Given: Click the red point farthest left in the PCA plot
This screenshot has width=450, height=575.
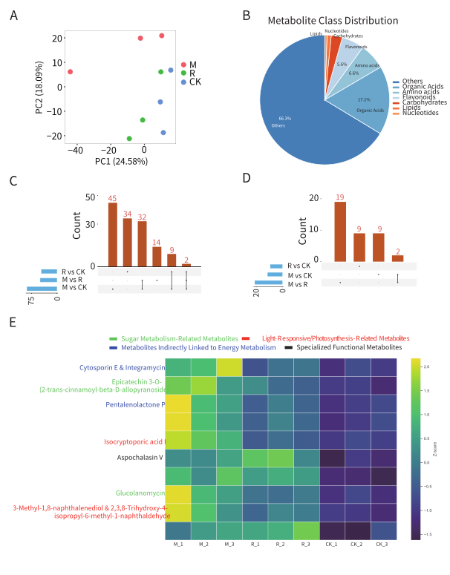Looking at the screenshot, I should [71, 72].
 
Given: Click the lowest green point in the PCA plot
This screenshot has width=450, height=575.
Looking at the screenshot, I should [129, 139].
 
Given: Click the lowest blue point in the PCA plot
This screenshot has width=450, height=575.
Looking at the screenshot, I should [163, 133].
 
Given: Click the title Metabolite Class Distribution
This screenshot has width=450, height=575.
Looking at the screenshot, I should [333, 21].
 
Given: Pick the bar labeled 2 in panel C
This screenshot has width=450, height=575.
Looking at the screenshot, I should [186, 264].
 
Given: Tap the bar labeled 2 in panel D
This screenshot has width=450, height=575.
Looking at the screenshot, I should [398, 257].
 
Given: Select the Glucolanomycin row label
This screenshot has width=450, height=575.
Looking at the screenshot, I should [139, 493].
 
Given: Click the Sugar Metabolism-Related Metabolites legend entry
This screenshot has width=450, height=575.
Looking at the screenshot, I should [176, 338].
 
